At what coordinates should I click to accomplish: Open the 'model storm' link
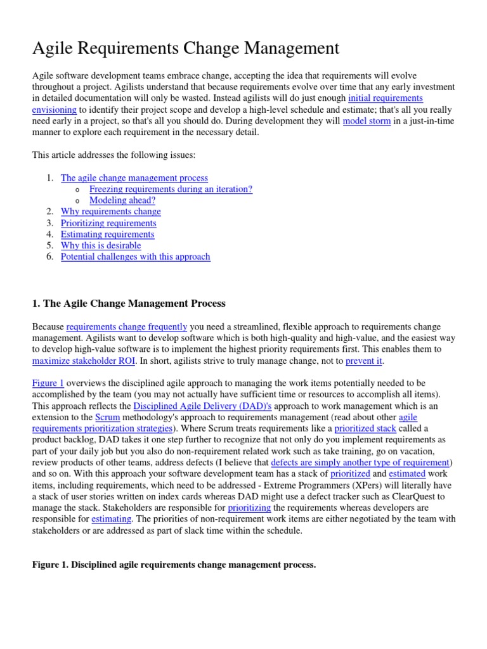[x=367, y=121]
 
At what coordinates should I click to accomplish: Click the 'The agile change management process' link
[x=134, y=178]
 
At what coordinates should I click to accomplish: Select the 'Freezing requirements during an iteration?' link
[x=171, y=189]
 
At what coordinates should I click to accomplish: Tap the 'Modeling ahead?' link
[x=122, y=200]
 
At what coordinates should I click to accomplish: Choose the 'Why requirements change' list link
[x=110, y=211]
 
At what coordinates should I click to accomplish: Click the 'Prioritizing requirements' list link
[x=108, y=223]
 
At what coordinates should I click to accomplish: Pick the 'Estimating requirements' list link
[x=107, y=235]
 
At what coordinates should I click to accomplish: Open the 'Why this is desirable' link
[x=101, y=245]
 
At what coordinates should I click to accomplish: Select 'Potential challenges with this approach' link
[x=135, y=257]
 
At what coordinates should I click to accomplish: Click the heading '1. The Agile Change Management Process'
[x=129, y=304]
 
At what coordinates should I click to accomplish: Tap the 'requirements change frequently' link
[x=126, y=326]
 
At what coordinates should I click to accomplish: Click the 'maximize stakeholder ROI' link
[x=84, y=361]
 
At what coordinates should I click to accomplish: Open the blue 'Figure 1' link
[x=48, y=383]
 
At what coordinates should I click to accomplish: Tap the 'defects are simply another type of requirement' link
[x=360, y=463]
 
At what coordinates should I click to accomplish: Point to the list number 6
[x=50, y=257]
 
